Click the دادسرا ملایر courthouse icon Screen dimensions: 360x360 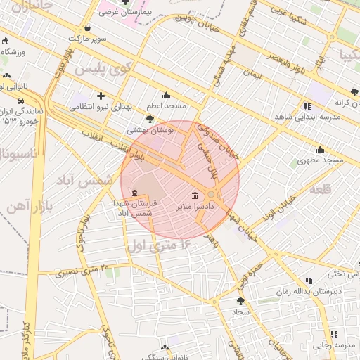pyautogui.click(x=194, y=195)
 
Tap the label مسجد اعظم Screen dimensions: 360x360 pyautogui.click(x=166, y=105)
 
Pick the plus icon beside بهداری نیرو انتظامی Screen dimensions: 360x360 pyautogui.click(x=101, y=96)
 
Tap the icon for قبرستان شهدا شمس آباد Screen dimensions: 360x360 pyautogui.click(x=134, y=193)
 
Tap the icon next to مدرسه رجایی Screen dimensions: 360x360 pyautogui.click(x=334, y=334)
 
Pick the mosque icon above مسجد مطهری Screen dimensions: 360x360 pyautogui.click(x=320, y=149)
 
